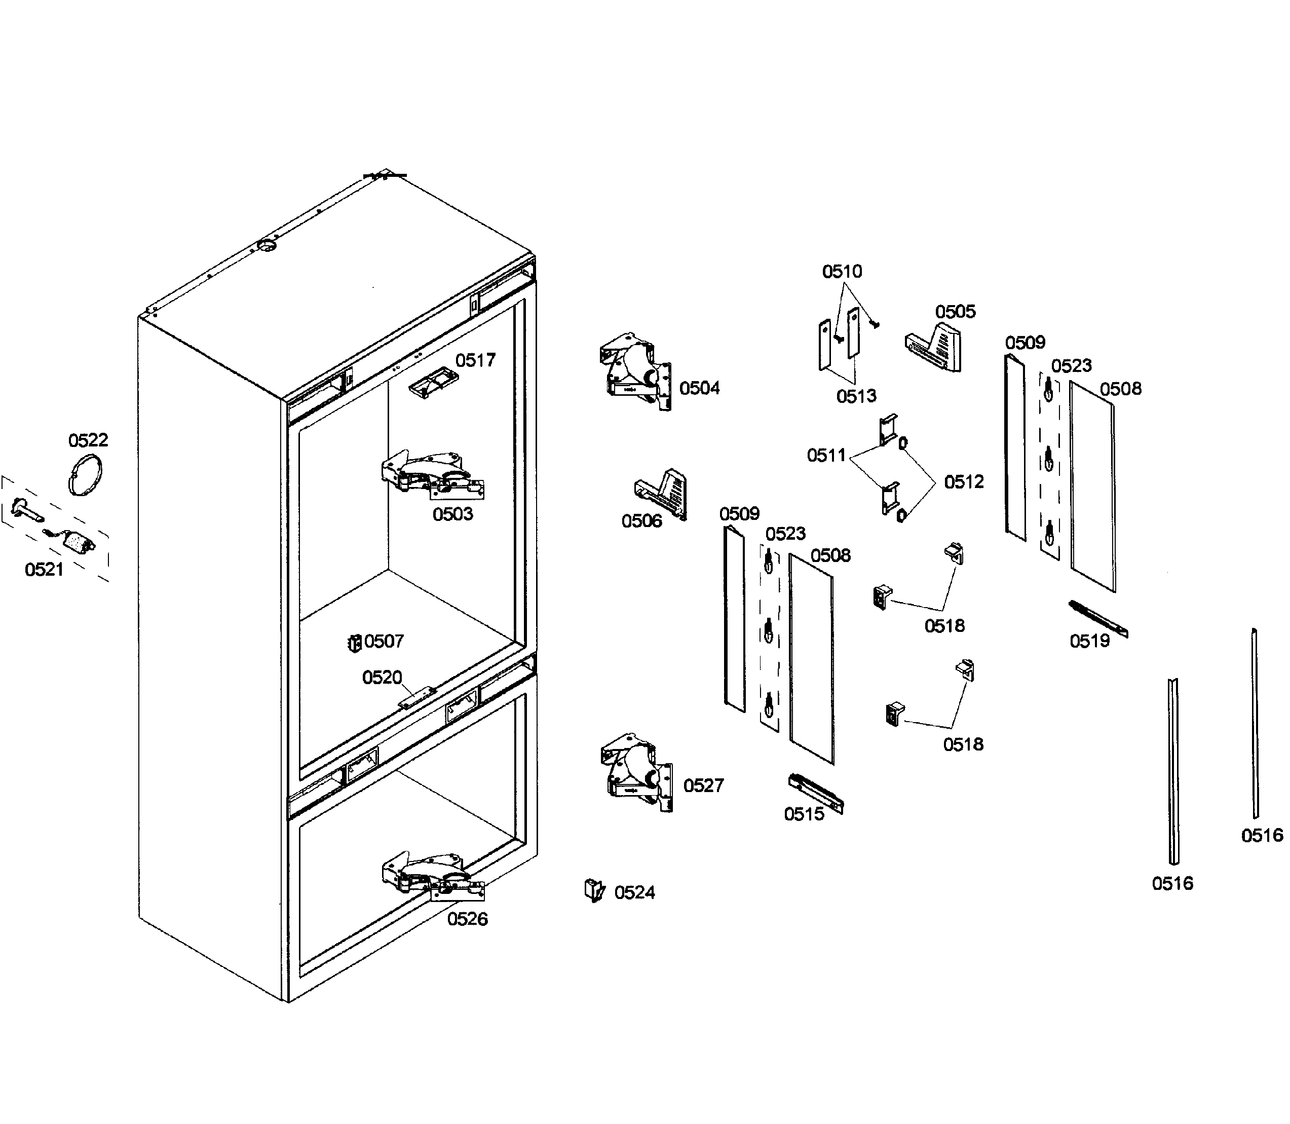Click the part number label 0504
699,388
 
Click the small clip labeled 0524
593,889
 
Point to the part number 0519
1089,641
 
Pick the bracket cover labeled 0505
934,348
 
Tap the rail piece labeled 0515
815,792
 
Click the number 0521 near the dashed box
44,569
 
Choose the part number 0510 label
842,272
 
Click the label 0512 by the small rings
963,482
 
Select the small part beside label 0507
354,643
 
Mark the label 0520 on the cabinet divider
382,678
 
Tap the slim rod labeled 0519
1097,618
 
